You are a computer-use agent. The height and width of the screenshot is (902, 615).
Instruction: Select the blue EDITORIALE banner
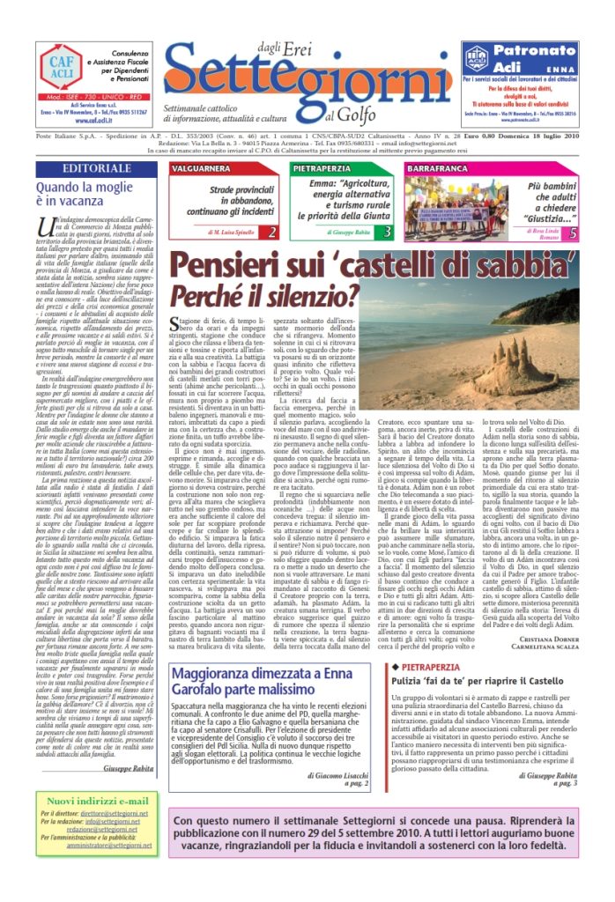[98, 168]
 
